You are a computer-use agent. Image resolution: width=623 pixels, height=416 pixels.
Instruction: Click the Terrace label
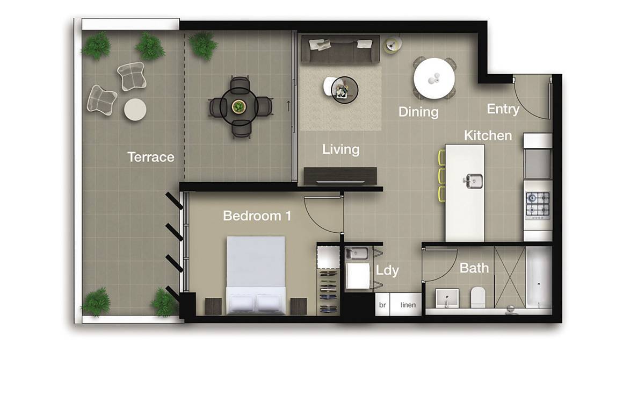pos(150,157)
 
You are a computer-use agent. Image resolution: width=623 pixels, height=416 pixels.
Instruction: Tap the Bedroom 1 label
pos(257,216)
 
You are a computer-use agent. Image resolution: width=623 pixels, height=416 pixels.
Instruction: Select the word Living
pos(341,149)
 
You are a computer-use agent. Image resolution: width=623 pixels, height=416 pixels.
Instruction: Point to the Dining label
pos(418,112)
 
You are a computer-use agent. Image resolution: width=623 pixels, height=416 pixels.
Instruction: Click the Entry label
pos(503,109)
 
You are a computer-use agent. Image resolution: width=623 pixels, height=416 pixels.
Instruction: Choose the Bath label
pos(474,268)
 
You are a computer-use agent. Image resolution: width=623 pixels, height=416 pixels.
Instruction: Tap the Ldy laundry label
pos(387,270)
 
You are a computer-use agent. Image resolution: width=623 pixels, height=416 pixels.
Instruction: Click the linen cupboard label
pos(408,305)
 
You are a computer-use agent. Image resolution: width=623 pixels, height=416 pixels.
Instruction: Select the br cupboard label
pos(383,305)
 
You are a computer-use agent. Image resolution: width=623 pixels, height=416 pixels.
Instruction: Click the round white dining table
pos(434,78)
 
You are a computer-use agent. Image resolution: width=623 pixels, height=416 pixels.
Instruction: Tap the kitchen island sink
pos(472,180)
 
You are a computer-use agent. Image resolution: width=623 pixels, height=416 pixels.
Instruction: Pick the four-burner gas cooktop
pos(538,204)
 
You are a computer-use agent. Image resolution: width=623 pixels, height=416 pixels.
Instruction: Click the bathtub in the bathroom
pos(538,277)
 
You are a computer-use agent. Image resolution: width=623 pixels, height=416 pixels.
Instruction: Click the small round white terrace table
pos(135,110)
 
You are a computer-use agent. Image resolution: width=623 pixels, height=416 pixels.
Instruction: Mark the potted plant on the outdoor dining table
pos(237,106)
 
